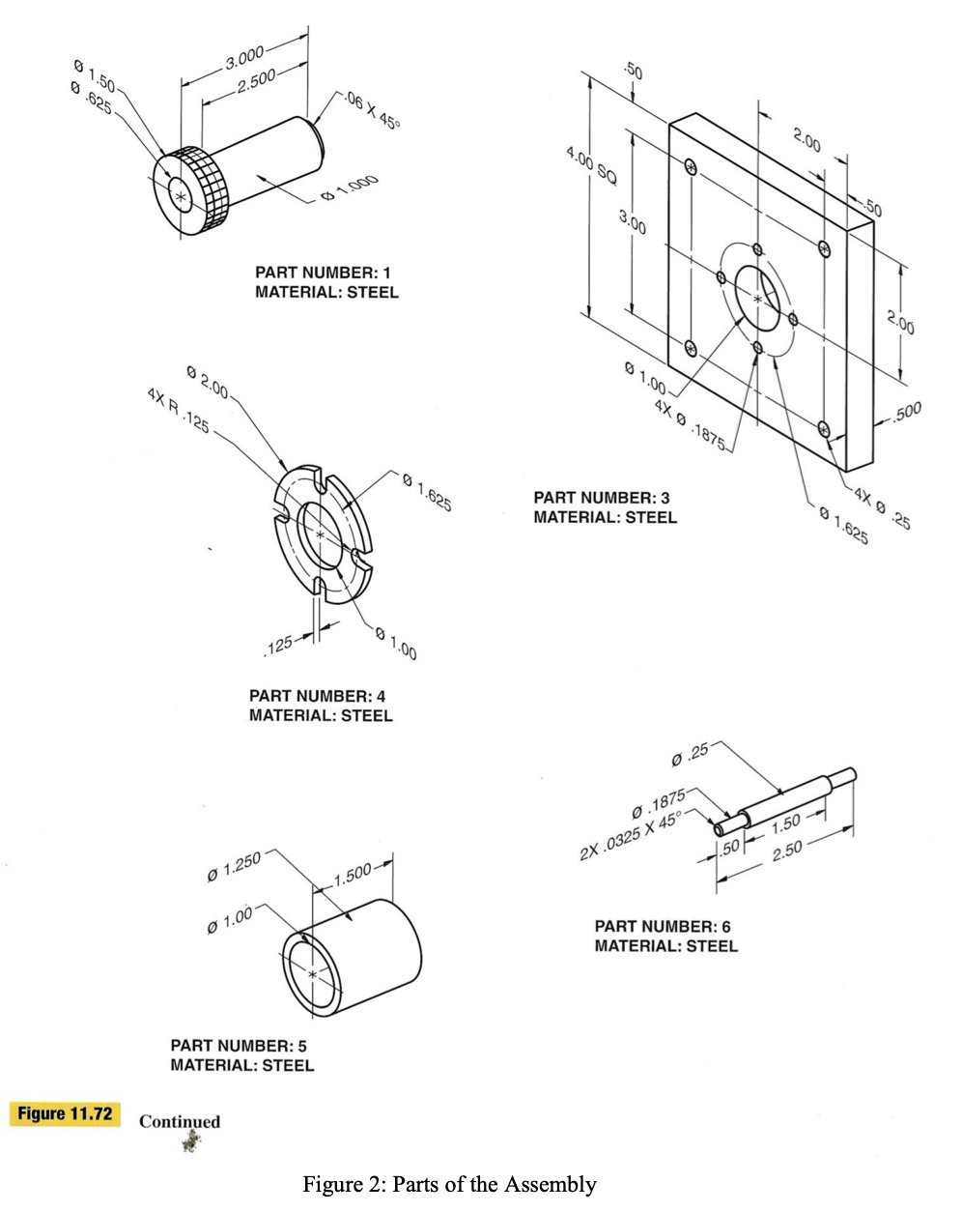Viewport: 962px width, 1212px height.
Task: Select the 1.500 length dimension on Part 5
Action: (x=349, y=876)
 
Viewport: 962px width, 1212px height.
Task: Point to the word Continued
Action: (x=180, y=1122)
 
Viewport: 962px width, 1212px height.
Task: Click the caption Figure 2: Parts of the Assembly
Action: (x=449, y=1184)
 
